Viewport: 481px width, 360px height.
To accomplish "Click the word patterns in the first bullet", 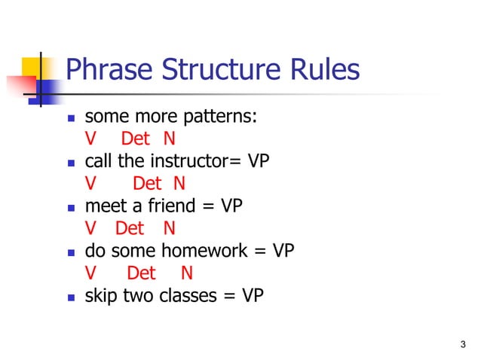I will [222, 117].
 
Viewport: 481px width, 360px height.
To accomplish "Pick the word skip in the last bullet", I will [99, 296].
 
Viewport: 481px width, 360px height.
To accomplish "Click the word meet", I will [103, 206].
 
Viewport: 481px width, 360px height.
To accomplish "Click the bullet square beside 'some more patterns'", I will [71, 117].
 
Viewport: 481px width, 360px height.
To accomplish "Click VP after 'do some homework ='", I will [283, 251].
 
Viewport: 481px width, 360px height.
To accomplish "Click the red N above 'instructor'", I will [179, 184].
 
